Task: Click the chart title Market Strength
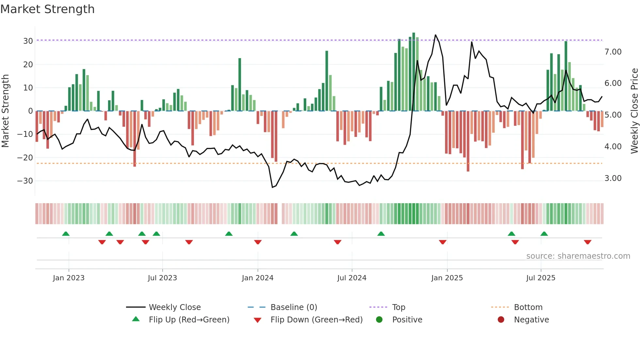[47, 9]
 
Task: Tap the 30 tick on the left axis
[28, 41]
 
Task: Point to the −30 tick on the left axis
[25, 181]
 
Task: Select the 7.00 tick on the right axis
[613, 52]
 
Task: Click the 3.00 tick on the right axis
[613, 178]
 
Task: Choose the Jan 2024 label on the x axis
[258, 278]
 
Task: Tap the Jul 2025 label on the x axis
[541, 278]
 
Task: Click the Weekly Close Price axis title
[634, 111]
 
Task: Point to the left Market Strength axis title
[5, 111]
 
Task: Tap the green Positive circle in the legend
[379, 319]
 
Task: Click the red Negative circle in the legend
[501, 319]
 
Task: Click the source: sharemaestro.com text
[578, 256]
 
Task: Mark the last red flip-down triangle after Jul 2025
[587, 242]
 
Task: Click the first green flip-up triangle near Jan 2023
[66, 234]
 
